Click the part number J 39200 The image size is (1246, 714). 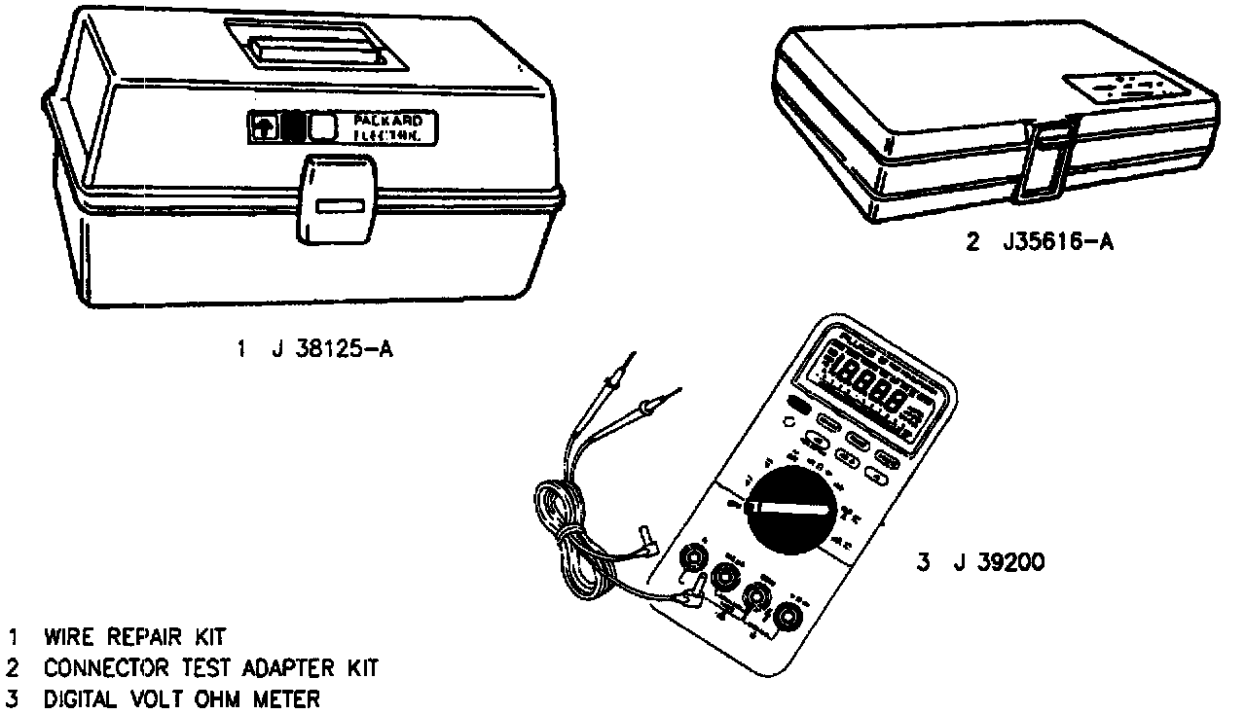point(981,561)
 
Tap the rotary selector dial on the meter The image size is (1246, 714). point(792,510)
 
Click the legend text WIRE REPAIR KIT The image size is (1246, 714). point(134,637)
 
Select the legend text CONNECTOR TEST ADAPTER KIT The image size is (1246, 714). point(209,668)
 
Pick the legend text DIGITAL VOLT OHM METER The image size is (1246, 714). point(180,698)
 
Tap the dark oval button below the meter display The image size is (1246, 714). point(800,405)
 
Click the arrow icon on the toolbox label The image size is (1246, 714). point(264,126)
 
